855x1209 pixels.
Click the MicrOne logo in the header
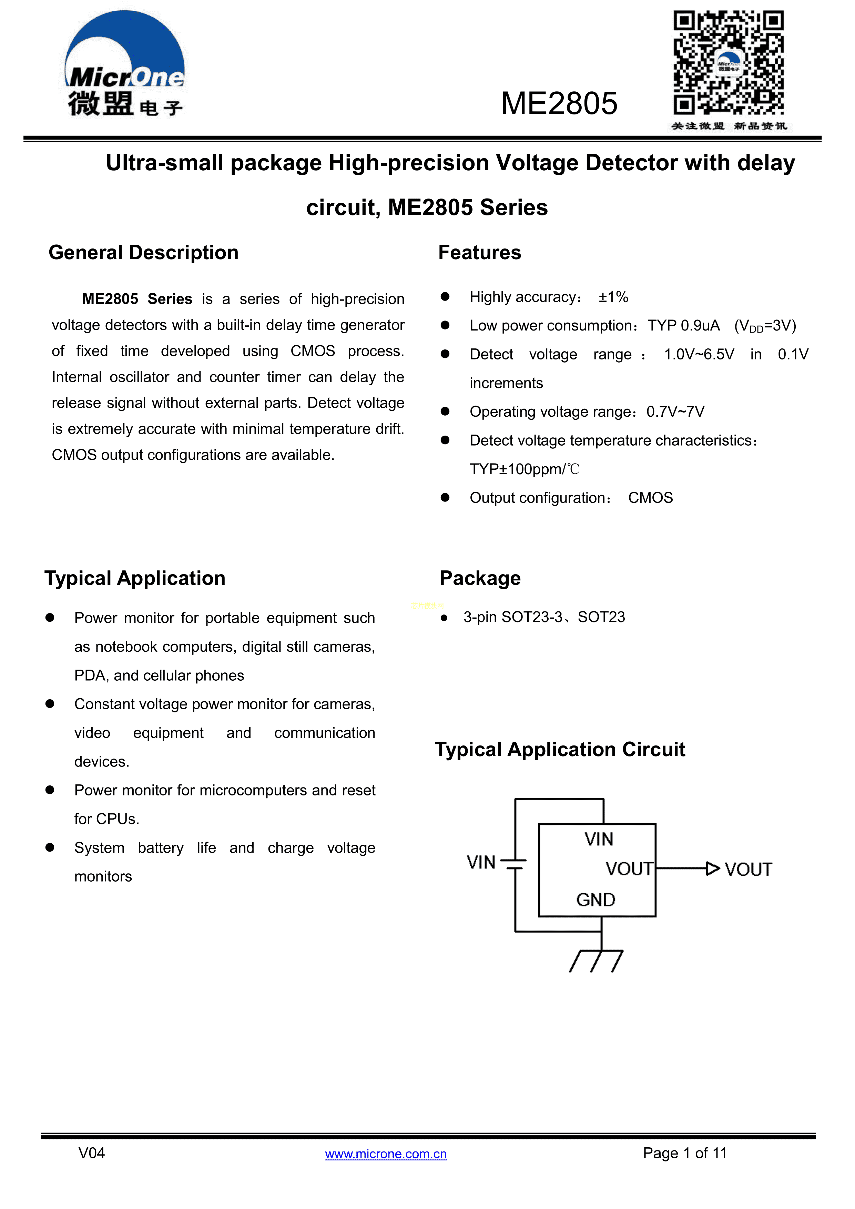click(x=125, y=64)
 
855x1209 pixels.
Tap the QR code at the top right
click(x=728, y=63)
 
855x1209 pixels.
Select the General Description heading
click(x=143, y=253)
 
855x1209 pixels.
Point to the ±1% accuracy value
click(x=613, y=297)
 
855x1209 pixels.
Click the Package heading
click(x=480, y=578)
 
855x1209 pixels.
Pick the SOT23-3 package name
click(x=532, y=617)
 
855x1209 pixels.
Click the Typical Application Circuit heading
click(x=560, y=749)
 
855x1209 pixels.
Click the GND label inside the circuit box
click(x=596, y=900)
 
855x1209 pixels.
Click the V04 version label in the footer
click(x=92, y=1153)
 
